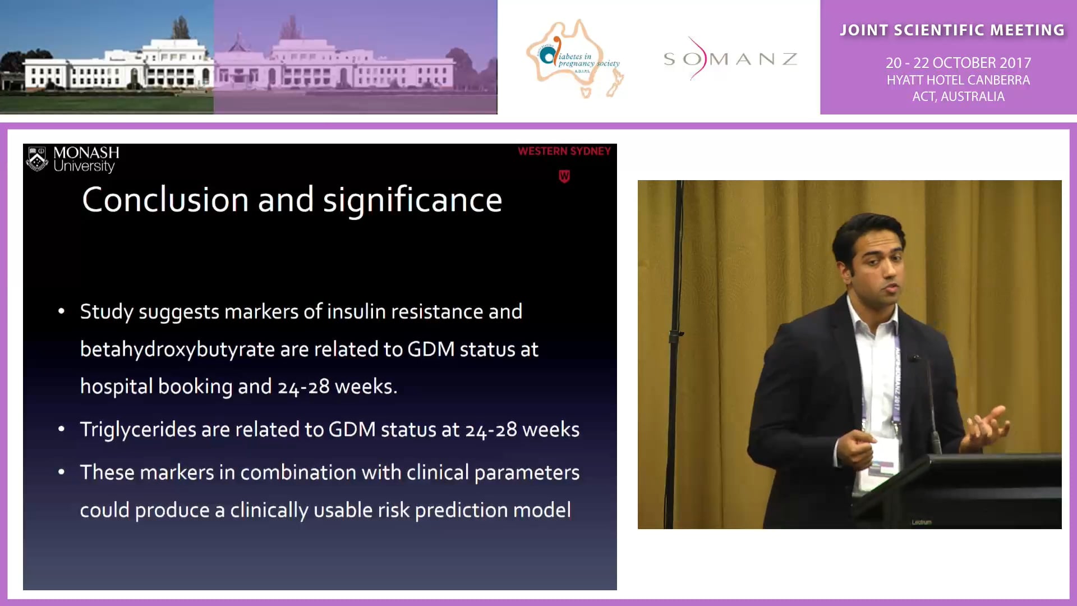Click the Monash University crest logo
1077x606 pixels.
tap(38, 159)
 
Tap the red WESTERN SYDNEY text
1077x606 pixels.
tap(564, 151)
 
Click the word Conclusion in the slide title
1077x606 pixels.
tap(165, 200)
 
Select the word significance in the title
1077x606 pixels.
tap(412, 201)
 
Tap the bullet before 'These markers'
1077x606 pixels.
tap(62, 472)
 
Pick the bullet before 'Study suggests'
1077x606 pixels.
tap(62, 311)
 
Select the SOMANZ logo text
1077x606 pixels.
tap(730, 59)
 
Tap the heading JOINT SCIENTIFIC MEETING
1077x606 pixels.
tap(952, 30)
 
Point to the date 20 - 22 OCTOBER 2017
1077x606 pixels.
tap(958, 63)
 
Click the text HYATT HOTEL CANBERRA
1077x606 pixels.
tap(958, 80)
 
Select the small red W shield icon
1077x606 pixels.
tap(564, 177)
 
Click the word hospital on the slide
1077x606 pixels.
tap(116, 387)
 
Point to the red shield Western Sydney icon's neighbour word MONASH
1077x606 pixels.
tap(86, 153)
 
